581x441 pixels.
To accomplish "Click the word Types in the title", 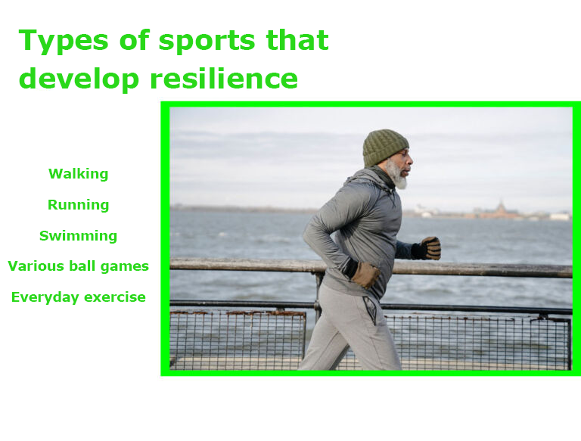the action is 64,41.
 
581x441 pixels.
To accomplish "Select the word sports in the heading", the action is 207,42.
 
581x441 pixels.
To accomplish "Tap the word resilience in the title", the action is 224,78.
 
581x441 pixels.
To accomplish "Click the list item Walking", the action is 78,174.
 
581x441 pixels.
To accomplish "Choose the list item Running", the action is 78,204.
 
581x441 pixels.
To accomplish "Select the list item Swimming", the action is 78,236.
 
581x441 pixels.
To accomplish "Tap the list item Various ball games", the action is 78,266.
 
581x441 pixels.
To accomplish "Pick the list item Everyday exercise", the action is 78,297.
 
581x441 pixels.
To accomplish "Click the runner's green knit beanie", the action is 384,147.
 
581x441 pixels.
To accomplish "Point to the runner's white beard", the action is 396,175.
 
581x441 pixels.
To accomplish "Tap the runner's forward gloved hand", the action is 430,248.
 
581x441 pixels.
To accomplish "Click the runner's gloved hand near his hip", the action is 365,275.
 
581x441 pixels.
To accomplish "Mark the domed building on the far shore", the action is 501,210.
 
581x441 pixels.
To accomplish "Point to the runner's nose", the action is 411,162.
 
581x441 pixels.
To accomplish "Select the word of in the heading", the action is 134,40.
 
